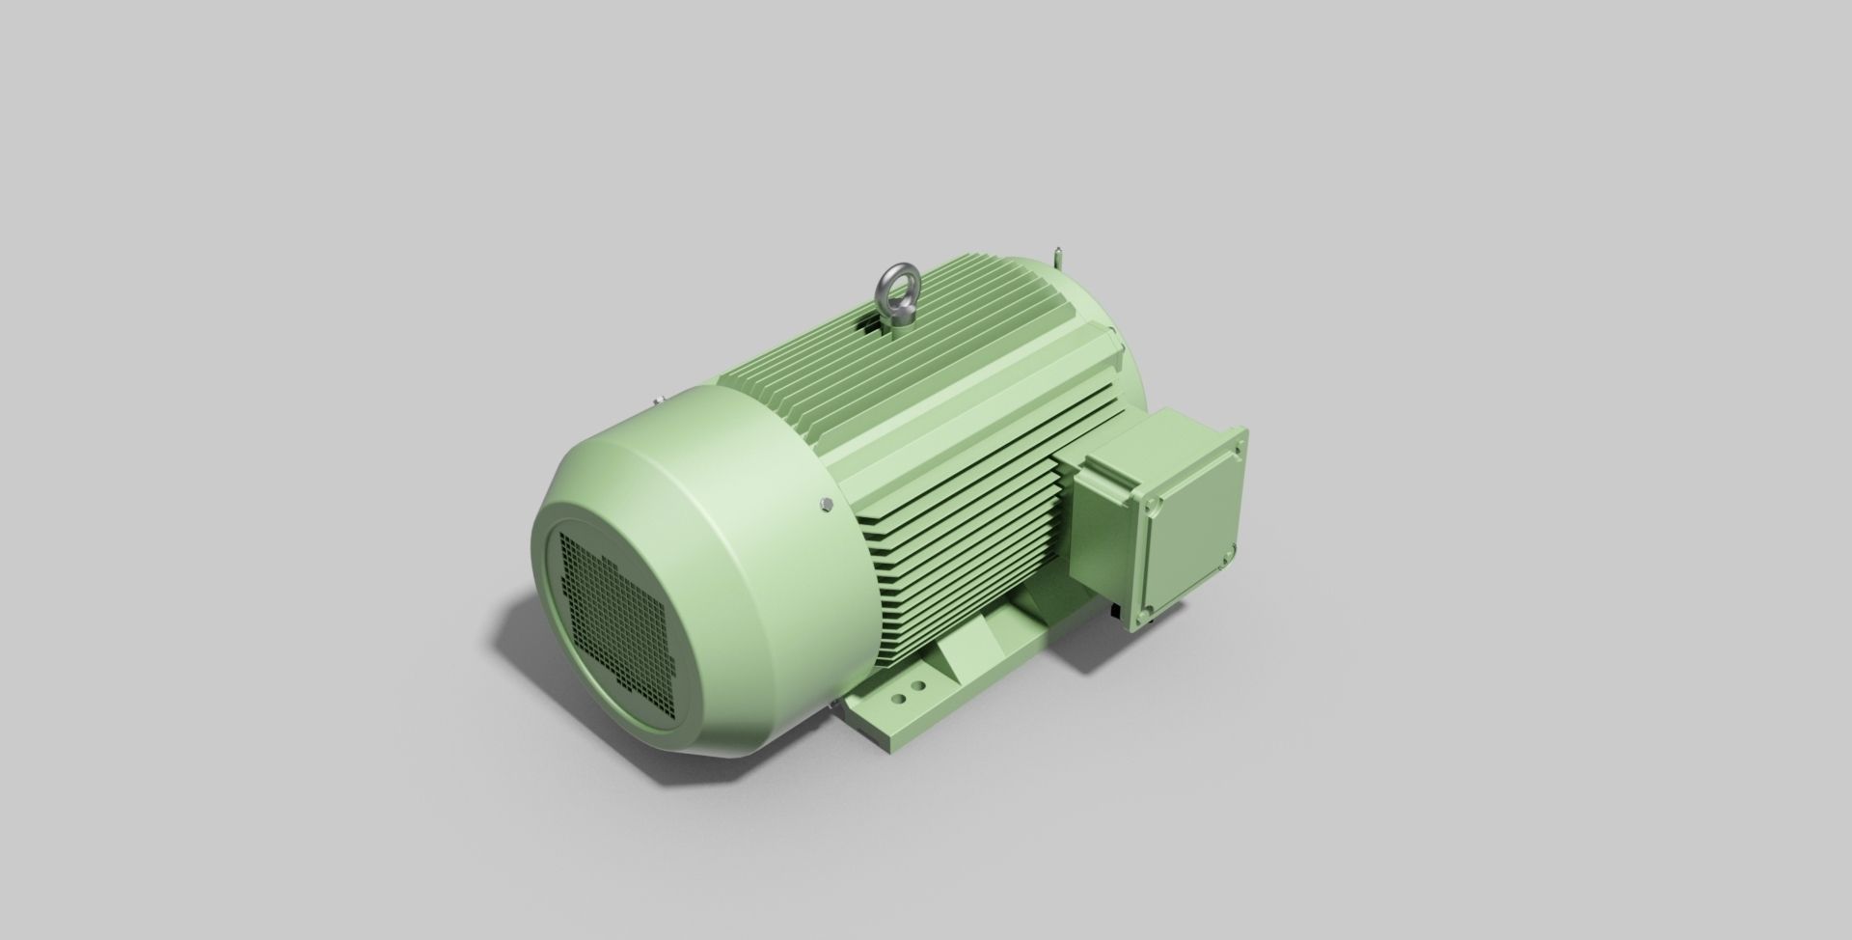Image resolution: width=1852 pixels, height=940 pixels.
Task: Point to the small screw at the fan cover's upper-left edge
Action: pyautogui.click(x=656, y=399)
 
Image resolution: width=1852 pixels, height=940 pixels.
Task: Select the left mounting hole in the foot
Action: pyautogui.click(x=899, y=694)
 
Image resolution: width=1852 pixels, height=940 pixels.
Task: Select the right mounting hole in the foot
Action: pyautogui.click(x=918, y=685)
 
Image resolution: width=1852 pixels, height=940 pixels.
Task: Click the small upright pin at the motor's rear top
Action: pyautogui.click(x=1059, y=260)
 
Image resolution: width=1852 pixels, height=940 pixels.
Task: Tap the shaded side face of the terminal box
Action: pyautogui.click(x=1100, y=540)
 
